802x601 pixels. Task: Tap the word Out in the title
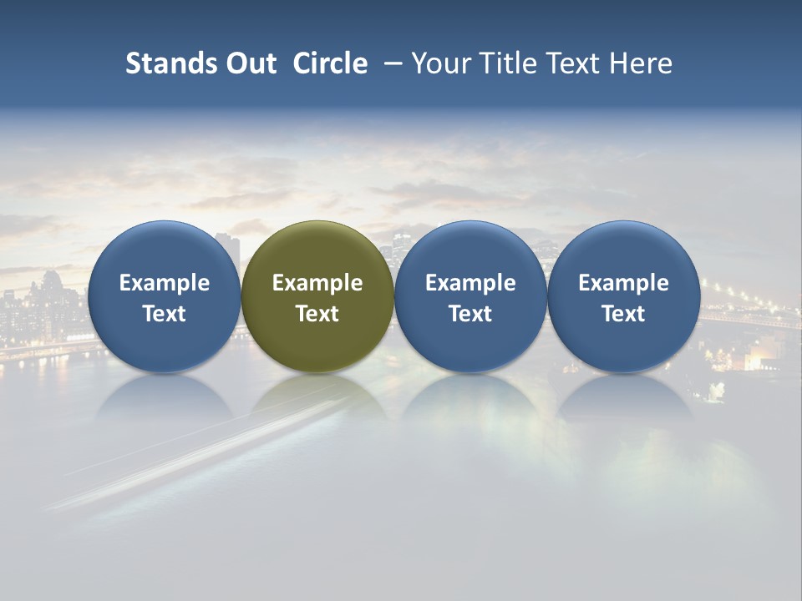point(249,63)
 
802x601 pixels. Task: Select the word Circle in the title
point(330,63)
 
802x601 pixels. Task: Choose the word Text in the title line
point(567,63)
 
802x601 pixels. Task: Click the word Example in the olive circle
point(317,283)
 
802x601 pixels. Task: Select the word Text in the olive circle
point(317,314)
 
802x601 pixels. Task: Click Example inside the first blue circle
point(165,283)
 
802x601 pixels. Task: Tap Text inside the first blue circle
point(165,314)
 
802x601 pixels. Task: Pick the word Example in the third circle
point(470,283)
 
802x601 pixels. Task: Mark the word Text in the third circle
point(470,314)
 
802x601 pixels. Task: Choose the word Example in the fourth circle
point(624,283)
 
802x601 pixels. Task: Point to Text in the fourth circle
point(624,314)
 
